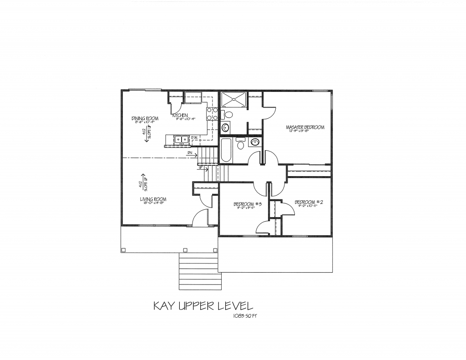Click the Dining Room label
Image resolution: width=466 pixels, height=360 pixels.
[x=145, y=118]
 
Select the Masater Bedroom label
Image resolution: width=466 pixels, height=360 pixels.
[x=305, y=127]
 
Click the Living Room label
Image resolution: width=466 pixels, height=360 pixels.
[x=153, y=199]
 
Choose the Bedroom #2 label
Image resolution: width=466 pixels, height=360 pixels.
[x=309, y=202]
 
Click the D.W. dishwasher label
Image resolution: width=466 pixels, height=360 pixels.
[x=194, y=137]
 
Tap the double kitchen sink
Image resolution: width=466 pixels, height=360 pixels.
[x=182, y=140]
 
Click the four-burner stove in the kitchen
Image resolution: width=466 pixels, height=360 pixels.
[x=212, y=114]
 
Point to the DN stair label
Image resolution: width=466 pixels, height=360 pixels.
[x=190, y=153]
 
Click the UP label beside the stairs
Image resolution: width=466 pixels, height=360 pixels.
[x=200, y=167]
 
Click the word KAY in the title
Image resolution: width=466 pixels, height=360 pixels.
[x=165, y=305]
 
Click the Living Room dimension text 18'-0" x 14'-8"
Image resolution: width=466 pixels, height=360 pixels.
[x=152, y=203]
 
